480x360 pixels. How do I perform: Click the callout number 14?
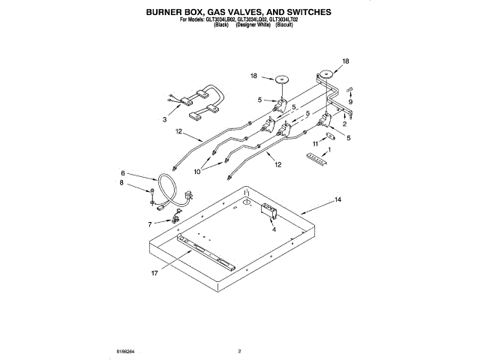(x=338, y=200)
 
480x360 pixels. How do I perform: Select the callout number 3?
(x=165, y=119)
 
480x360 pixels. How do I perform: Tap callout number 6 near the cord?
(x=123, y=173)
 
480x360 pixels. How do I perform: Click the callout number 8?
(x=123, y=182)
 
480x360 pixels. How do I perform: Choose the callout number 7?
(x=149, y=223)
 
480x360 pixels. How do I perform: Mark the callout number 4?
(x=274, y=230)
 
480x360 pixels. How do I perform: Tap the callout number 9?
(x=350, y=101)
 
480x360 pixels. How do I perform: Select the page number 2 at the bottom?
(x=239, y=350)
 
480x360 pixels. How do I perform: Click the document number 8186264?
(x=124, y=350)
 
